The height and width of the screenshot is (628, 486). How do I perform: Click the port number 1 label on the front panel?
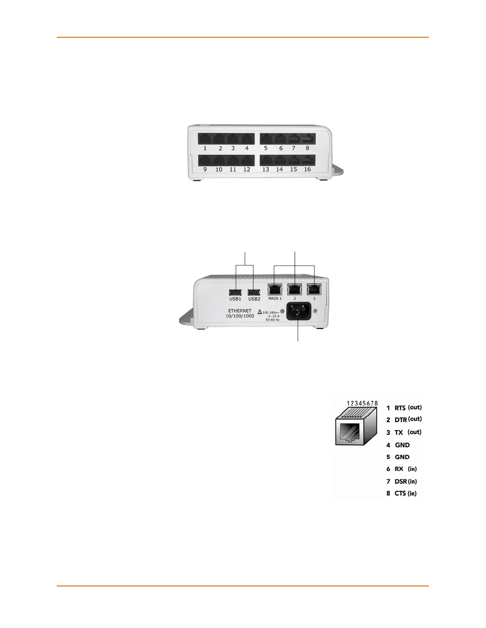point(205,148)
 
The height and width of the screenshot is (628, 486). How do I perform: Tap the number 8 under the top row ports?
point(307,148)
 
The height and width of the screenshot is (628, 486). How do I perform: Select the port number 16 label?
point(307,169)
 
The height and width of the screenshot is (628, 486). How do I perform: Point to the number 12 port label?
point(247,169)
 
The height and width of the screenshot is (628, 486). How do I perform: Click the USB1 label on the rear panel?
point(235,299)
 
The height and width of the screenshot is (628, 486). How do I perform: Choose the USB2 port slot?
point(254,292)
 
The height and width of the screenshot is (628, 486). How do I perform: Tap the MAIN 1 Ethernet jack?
point(275,290)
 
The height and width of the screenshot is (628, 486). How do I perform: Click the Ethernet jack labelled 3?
point(314,290)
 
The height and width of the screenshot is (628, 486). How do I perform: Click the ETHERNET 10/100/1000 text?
point(240,314)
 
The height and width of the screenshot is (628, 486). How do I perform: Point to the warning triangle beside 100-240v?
point(260,312)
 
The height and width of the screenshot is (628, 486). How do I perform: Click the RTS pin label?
point(400,408)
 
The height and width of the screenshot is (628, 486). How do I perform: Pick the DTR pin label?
point(401,420)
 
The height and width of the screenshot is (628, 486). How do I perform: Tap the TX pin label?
point(399,433)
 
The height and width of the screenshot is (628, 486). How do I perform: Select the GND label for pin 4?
point(402,445)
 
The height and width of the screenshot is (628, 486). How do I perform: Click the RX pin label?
point(399,469)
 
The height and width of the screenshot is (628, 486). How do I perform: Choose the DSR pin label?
point(401,482)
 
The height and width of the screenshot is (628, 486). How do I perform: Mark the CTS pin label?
point(400,494)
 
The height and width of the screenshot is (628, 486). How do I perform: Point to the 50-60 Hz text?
point(272,320)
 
